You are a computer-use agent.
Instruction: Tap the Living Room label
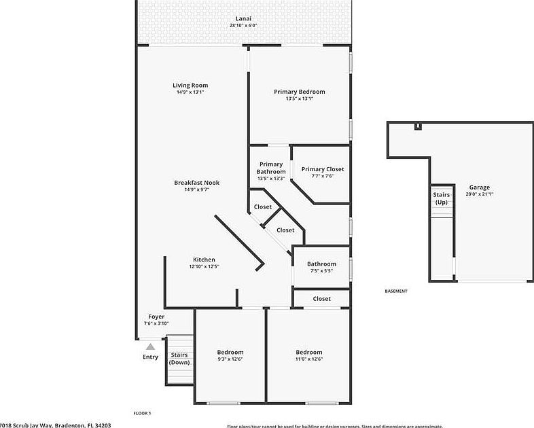tap(190, 85)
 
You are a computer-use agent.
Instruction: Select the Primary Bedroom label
tap(300, 92)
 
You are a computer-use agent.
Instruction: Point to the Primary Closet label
tap(323, 169)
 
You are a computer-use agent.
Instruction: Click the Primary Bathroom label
tap(270, 168)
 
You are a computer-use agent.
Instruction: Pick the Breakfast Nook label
tap(196, 182)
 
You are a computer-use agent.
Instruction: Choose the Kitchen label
tap(204, 260)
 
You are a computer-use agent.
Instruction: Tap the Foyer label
tap(156, 317)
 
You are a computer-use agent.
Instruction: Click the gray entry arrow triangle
tap(150, 346)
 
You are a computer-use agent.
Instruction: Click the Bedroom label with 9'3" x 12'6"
tap(230, 352)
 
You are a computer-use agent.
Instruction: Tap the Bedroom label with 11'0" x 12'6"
tap(308, 352)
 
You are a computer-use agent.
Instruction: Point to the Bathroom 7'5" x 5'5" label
tap(321, 264)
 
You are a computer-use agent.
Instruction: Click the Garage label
tap(479, 188)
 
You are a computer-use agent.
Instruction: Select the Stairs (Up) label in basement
tap(442, 198)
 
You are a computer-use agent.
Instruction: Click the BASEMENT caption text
tap(396, 291)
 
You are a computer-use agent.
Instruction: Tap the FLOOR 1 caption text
tap(142, 412)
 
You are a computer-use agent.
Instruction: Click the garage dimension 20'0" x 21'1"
tap(479, 194)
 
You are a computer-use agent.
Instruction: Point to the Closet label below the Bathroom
tap(321, 298)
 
